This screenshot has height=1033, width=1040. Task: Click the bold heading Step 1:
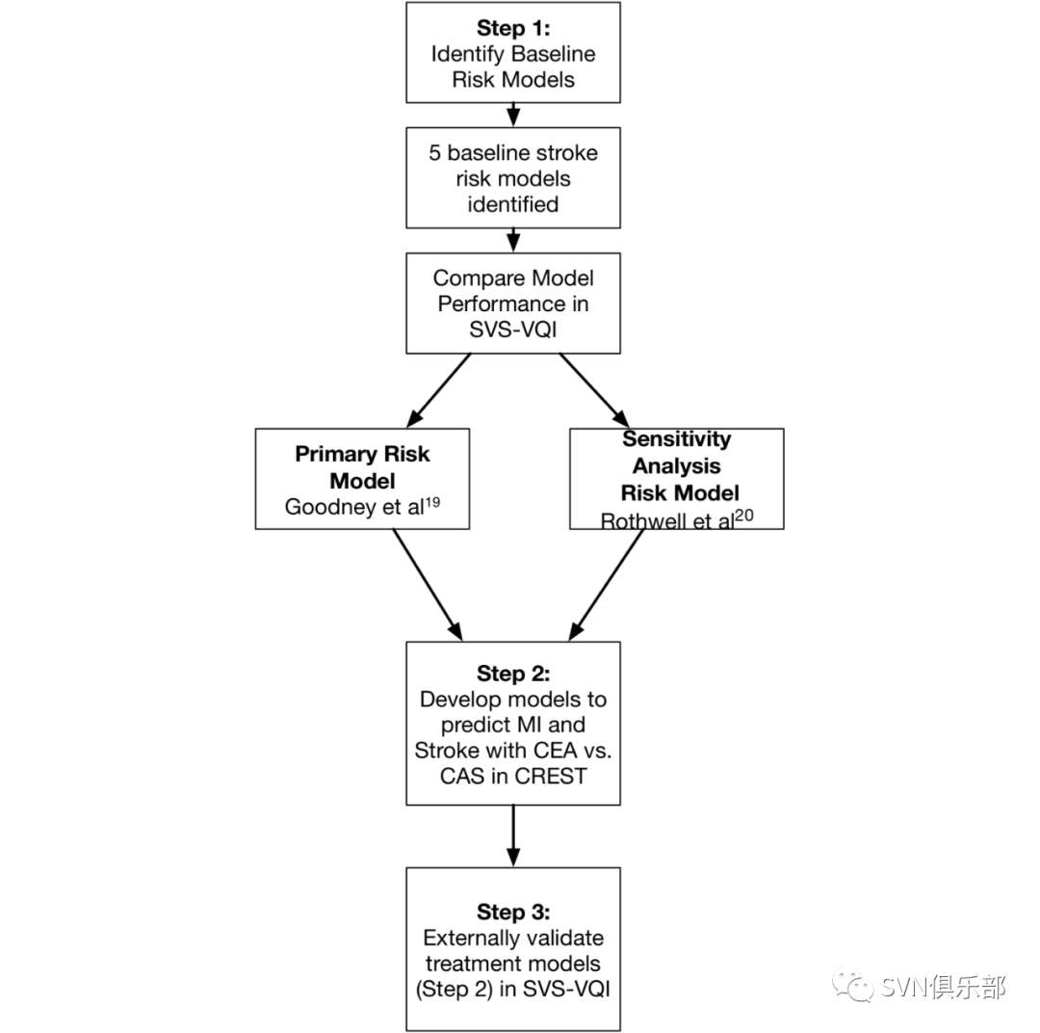tap(513, 29)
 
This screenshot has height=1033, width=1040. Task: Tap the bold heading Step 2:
tap(513, 674)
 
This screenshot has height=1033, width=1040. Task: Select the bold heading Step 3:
tap(513, 912)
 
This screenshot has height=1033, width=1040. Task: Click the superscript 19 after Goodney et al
tap(432, 502)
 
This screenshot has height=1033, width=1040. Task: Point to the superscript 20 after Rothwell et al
tap(744, 516)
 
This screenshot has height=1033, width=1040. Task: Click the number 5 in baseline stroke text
tap(434, 152)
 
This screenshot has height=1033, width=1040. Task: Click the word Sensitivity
tap(677, 438)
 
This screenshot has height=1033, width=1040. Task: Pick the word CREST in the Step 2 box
tap(551, 776)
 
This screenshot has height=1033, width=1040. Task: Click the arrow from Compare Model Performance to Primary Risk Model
tap(438, 390)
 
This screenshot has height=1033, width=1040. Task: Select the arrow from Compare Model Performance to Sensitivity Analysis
tap(594, 390)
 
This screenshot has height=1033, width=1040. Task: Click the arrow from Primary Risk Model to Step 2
tap(428, 585)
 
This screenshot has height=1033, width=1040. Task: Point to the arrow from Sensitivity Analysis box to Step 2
tap(607, 585)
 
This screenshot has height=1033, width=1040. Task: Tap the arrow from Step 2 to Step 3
tap(513, 835)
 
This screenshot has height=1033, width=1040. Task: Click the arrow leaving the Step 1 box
tap(513, 115)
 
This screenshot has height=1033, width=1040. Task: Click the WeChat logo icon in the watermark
tap(853, 985)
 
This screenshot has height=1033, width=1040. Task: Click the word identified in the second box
tap(513, 204)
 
